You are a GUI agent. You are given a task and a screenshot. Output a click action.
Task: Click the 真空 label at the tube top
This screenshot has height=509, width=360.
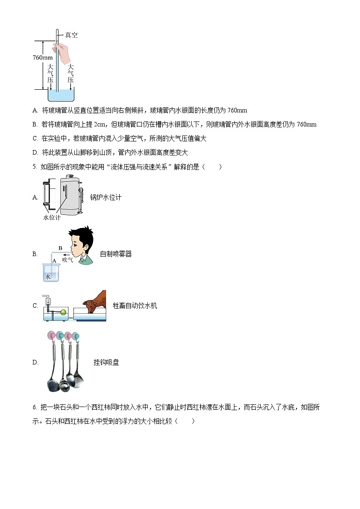(x=71, y=35)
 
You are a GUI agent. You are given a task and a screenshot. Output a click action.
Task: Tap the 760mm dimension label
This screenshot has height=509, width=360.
(x=43, y=58)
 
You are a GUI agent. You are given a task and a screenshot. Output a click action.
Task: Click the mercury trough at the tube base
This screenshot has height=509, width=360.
(x=61, y=95)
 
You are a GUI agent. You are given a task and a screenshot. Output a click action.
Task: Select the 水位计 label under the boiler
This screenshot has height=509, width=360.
(x=51, y=218)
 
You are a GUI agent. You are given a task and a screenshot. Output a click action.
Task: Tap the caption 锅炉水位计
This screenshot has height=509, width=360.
(x=106, y=197)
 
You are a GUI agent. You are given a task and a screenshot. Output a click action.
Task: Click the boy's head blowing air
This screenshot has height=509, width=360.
(x=82, y=245)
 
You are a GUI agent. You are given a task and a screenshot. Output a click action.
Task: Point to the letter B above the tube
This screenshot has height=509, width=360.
(x=60, y=247)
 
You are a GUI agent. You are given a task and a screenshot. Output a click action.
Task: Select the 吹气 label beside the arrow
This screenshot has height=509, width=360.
(x=68, y=260)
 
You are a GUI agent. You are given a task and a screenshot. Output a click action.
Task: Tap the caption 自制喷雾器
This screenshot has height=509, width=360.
(x=116, y=254)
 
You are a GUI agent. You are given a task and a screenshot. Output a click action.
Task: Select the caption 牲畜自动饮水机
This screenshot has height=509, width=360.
(x=135, y=305)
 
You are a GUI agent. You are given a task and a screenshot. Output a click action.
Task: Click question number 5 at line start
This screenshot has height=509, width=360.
(x=35, y=167)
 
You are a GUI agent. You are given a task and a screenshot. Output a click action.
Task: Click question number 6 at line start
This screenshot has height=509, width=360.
(x=35, y=407)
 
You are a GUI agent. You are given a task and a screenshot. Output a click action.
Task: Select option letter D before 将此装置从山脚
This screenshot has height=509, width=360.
(x=35, y=152)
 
